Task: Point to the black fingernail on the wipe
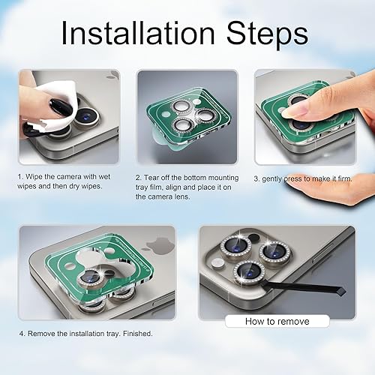61,108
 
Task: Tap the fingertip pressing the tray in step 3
300,110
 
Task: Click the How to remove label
277,321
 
